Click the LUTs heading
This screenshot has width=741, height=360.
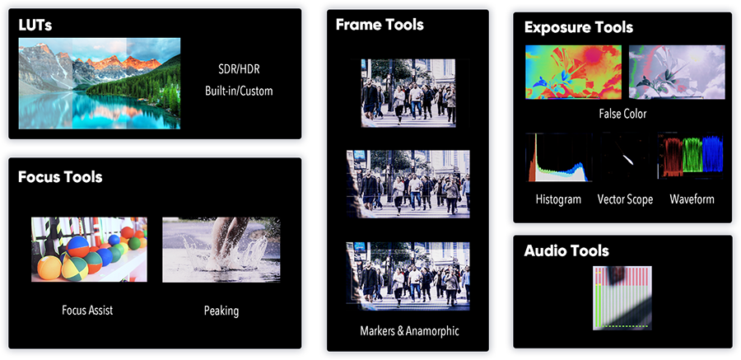[35, 25]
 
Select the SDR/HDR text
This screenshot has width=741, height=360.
[239, 69]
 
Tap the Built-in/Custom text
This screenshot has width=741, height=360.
[239, 91]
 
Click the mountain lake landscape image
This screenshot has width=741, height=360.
[100, 83]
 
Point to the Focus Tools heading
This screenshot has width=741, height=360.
[60, 177]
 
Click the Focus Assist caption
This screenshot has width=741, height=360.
[87, 311]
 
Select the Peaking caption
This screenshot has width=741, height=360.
[221, 311]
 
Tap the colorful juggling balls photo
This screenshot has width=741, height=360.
[89, 250]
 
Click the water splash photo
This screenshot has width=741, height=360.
[221, 250]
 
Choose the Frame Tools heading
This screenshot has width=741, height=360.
[380, 25]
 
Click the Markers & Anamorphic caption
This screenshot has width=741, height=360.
[409, 330]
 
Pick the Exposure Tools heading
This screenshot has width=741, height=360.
[579, 27]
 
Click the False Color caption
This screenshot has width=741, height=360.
[622, 114]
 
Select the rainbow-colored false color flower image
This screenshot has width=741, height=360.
[573, 72]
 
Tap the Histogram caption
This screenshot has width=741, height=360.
[558, 199]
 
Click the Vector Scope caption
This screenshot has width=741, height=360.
[625, 199]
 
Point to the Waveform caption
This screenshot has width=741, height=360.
[692, 199]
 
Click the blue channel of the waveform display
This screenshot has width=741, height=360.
[712, 154]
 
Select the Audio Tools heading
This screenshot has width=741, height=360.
[566, 250]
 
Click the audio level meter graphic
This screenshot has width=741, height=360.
[622, 297]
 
